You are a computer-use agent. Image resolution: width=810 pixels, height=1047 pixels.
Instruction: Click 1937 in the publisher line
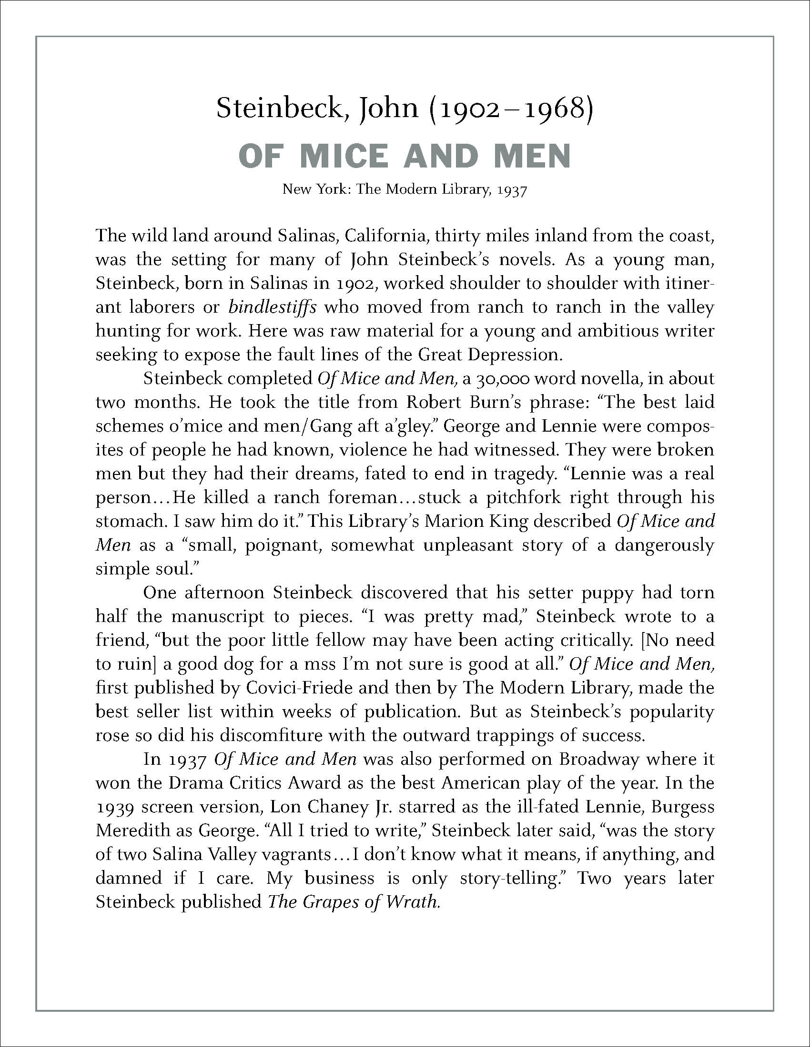point(513,190)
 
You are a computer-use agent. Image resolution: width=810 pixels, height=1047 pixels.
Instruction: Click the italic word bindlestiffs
point(272,307)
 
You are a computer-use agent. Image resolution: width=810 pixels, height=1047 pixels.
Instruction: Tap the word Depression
point(515,354)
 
